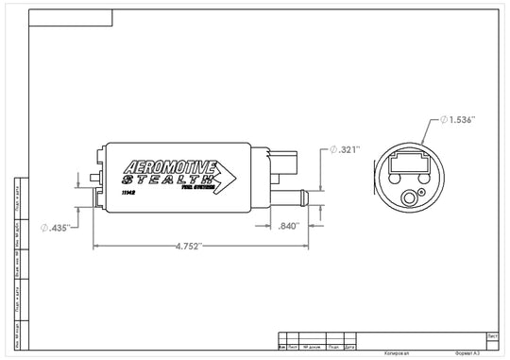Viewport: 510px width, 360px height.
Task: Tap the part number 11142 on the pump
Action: click(129, 192)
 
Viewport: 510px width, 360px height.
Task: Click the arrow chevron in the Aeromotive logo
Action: click(227, 175)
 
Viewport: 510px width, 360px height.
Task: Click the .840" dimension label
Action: click(290, 226)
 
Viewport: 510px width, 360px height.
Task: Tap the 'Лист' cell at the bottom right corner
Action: click(492, 334)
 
